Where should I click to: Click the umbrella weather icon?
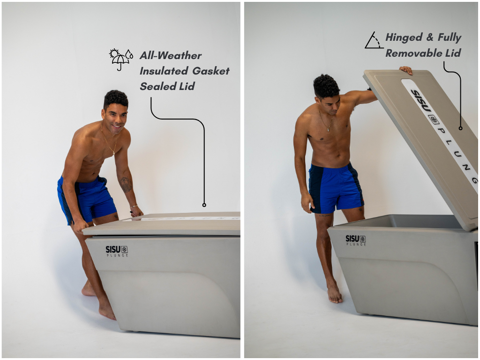tap(121, 59)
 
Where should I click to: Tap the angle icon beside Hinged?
tap(374, 40)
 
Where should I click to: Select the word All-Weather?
tap(171, 55)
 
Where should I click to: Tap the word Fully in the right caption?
tap(449, 37)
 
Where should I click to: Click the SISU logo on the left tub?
tap(117, 251)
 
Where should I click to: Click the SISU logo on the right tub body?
tap(356, 240)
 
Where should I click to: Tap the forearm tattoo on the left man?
tap(126, 184)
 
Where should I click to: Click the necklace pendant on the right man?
tap(329, 129)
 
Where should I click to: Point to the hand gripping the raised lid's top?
tap(406, 70)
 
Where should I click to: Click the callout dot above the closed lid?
tap(204, 205)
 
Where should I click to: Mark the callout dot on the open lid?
tap(460, 128)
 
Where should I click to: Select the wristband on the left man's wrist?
tap(134, 206)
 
